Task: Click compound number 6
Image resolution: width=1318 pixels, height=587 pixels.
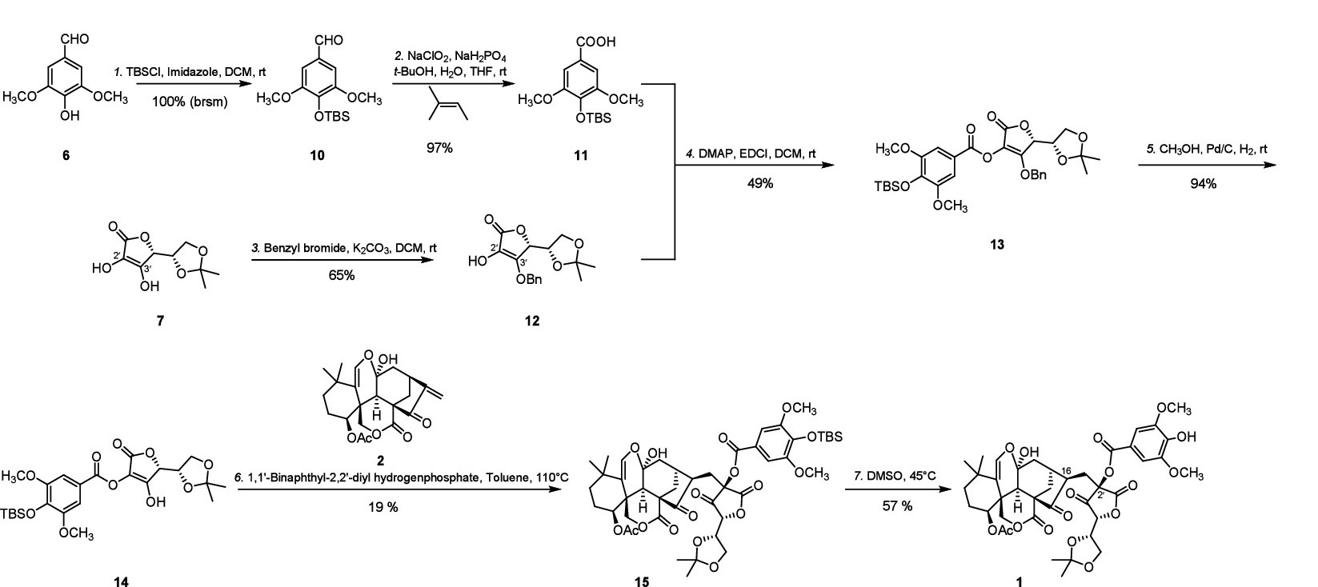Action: tap(66, 155)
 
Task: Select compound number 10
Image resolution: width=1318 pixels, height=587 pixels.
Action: tap(318, 155)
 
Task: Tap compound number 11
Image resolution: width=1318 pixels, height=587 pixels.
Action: tap(580, 155)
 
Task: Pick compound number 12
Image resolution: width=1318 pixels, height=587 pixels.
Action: tap(532, 321)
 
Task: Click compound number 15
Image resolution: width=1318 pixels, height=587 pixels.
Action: tap(642, 581)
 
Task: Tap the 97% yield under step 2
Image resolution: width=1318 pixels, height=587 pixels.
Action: tap(440, 147)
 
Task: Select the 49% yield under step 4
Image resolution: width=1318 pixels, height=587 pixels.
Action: tap(760, 184)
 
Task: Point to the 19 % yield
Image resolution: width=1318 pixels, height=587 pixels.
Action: tap(384, 506)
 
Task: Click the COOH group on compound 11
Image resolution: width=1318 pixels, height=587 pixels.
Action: tap(595, 42)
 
